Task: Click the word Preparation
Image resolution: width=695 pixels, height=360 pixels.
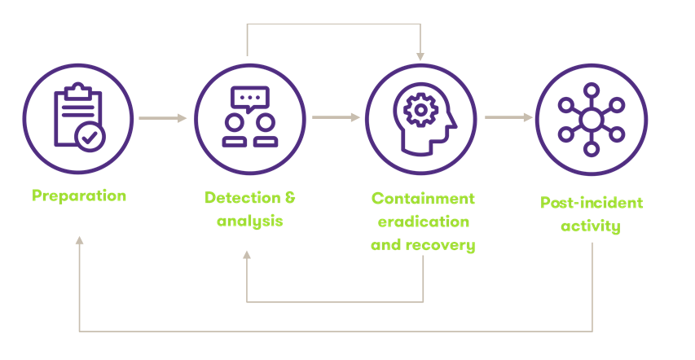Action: [x=79, y=195]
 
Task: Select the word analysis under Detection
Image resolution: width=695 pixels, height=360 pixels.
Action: [x=250, y=220]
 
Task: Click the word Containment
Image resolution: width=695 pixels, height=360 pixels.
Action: [x=423, y=198]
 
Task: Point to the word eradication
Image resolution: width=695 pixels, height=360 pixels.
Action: [x=420, y=221]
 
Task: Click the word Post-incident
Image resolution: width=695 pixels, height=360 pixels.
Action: [x=592, y=202]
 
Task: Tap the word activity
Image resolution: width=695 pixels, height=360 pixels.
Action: [x=591, y=225]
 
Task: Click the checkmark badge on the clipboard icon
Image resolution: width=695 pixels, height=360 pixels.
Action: [x=90, y=136]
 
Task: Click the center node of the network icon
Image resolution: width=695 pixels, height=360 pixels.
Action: [x=592, y=120]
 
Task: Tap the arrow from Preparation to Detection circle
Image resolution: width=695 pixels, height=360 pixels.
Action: [x=163, y=118]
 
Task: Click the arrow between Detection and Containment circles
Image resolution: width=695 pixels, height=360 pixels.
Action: [x=336, y=118]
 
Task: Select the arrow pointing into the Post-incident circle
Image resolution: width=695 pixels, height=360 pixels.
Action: [x=508, y=118]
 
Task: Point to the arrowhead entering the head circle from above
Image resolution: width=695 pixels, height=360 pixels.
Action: [x=420, y=56]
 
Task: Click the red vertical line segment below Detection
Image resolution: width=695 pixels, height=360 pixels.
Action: [x=247, y=281]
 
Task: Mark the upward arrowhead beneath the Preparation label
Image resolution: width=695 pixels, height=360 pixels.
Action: [x=79, y=241]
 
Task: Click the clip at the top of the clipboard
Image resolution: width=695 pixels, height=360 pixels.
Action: [x=77, y=87]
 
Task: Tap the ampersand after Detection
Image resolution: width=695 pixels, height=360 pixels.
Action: [x=291, y=197]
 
